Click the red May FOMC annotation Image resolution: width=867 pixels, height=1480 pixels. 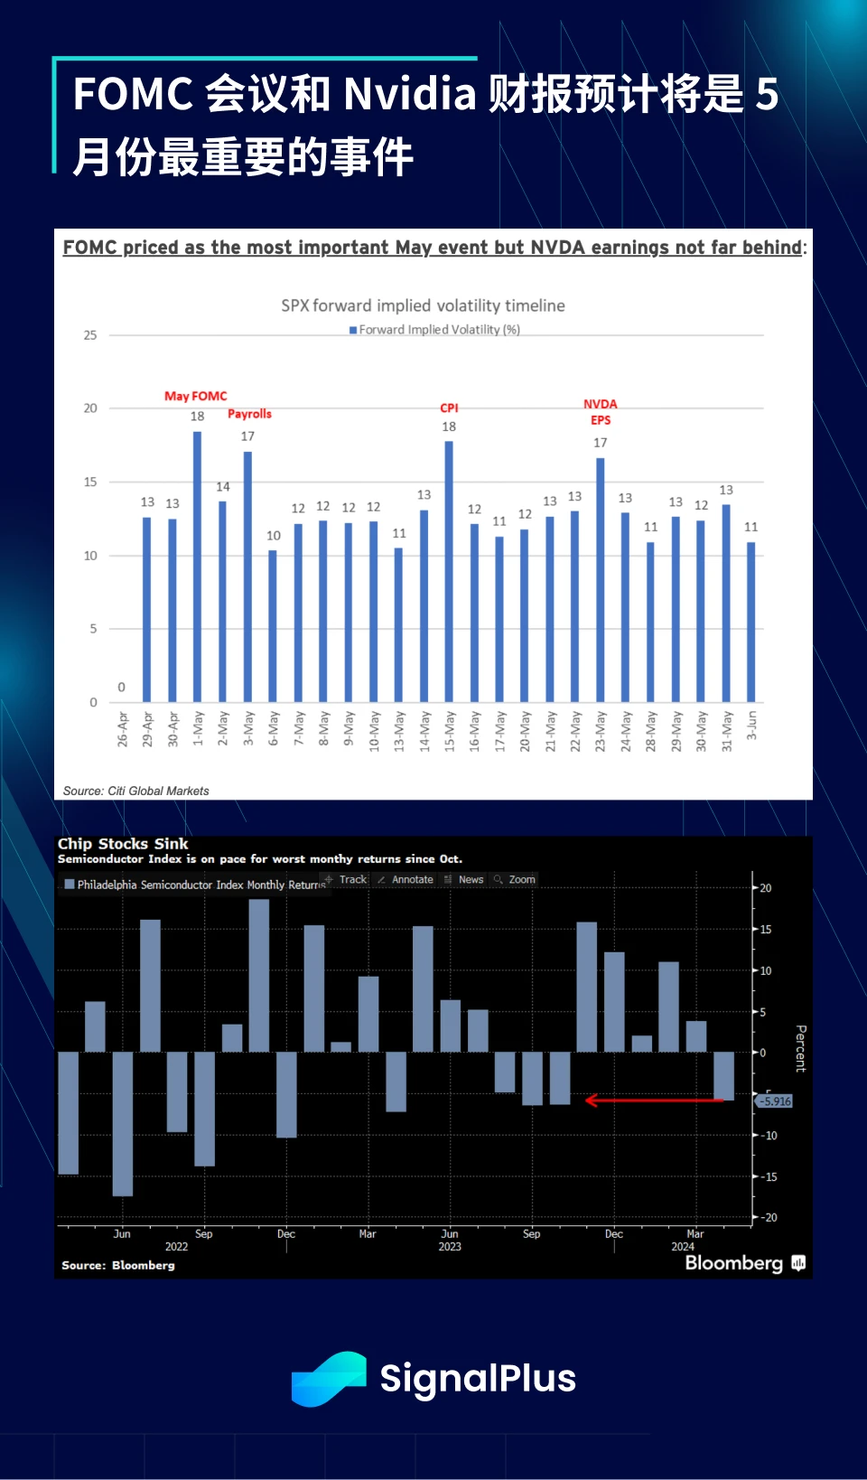[196, 396]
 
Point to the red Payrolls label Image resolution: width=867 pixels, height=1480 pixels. [249, 414]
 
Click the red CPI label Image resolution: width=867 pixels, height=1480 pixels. [449, 408]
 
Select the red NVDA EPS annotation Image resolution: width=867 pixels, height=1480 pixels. [601, 412]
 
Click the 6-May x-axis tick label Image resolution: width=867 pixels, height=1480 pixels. [274, 728]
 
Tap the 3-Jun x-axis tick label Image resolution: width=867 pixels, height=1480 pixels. [751, 726]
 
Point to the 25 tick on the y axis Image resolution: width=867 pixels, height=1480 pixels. [90, 335]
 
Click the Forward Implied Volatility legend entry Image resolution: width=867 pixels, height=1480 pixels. [435, 330]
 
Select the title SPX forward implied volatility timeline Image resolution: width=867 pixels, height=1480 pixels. [423, 305]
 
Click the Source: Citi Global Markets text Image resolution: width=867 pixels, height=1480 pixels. [135, 791]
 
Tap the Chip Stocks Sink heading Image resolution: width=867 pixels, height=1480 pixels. [123, 844]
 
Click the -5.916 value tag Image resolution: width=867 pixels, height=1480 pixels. [775, 1101]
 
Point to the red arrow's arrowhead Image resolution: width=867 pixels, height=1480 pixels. [592, 1100]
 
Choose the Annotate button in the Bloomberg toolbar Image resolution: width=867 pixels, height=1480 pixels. [411, 879]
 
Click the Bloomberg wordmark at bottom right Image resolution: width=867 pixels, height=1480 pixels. [733, 1262]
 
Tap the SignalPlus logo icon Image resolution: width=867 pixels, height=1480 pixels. [329, 1379]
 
